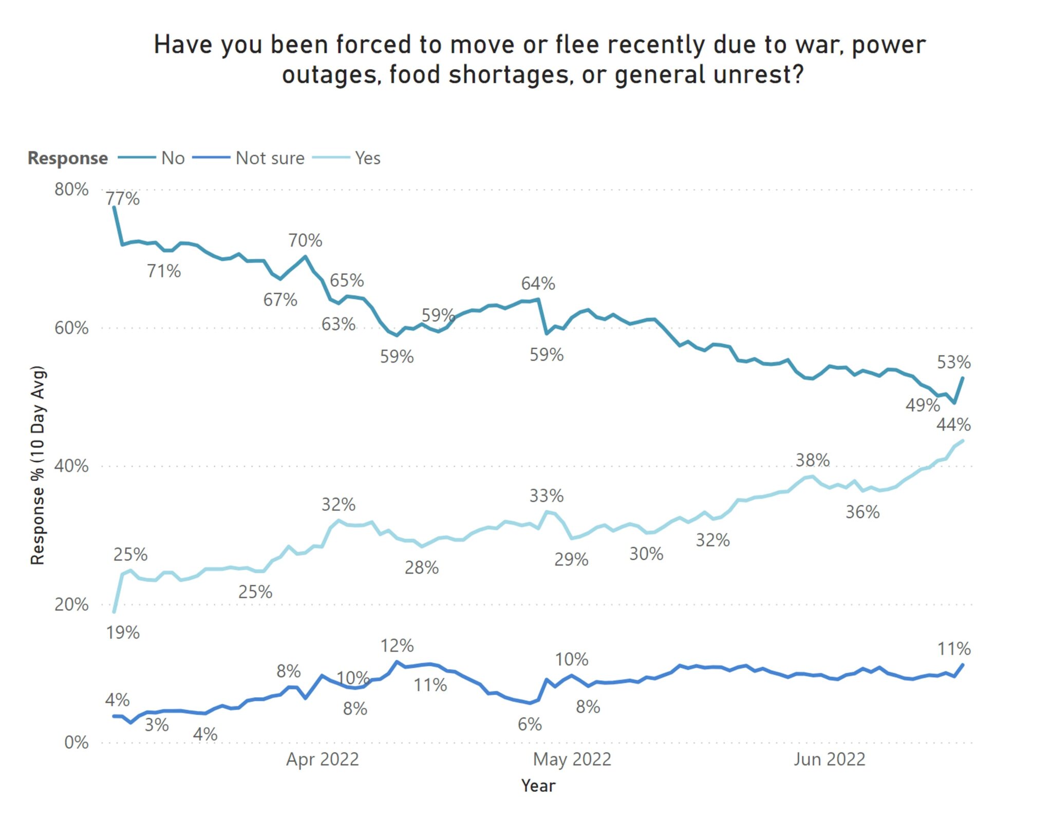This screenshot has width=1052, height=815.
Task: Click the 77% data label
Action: tap(122, 198)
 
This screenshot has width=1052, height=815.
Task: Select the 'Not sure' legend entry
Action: tap(270, 158)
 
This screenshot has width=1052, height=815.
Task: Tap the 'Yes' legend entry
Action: tap(367, 158)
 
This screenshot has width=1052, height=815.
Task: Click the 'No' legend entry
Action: tap(173, 158)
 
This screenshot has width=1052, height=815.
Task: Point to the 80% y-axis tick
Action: tap(71, 189)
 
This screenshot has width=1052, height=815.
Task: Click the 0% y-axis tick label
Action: tap(76, 743)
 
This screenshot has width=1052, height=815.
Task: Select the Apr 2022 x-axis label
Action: tap(322, 759)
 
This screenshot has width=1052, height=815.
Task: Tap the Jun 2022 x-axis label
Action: tap(829, 759)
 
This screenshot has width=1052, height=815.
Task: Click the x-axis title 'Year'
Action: tap(538, 786)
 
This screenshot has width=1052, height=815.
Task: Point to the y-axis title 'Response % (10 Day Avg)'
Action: tap(38, 465)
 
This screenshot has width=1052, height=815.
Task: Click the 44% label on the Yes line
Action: tap(953, 425)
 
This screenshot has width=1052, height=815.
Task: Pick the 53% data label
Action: tap(953, 363)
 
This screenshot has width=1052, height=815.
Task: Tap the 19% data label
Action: tap(123, 633)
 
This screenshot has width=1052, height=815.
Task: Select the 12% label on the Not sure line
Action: tap(397, 646)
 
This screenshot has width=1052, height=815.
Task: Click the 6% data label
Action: tap(530, 725)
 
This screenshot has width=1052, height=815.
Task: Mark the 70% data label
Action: tap(305, 240)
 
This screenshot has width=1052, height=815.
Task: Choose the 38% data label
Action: tap(813, 460)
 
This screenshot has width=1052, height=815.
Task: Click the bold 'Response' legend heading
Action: tap(68, 158)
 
